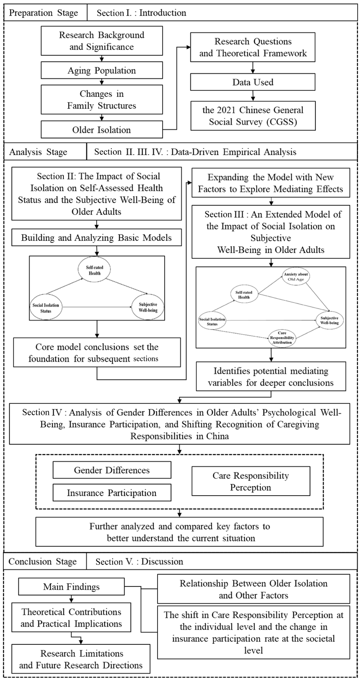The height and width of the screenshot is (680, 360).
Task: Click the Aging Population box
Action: coord(102,71)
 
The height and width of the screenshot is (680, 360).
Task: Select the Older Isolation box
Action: coord(102,130)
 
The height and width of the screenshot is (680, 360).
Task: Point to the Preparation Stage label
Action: coord(44,13)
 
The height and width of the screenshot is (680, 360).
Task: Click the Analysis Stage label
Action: coord(38,152)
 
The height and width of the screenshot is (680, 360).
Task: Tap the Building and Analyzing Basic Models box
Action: coord(96,238)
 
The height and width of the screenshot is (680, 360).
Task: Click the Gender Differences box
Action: coord(112,470)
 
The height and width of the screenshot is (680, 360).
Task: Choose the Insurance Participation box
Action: coord(112,493)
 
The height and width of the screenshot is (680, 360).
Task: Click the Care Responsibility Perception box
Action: coord(251,481)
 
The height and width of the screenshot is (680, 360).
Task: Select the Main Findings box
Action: coord(71,587)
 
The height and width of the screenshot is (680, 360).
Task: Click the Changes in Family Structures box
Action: coord(102,100)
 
